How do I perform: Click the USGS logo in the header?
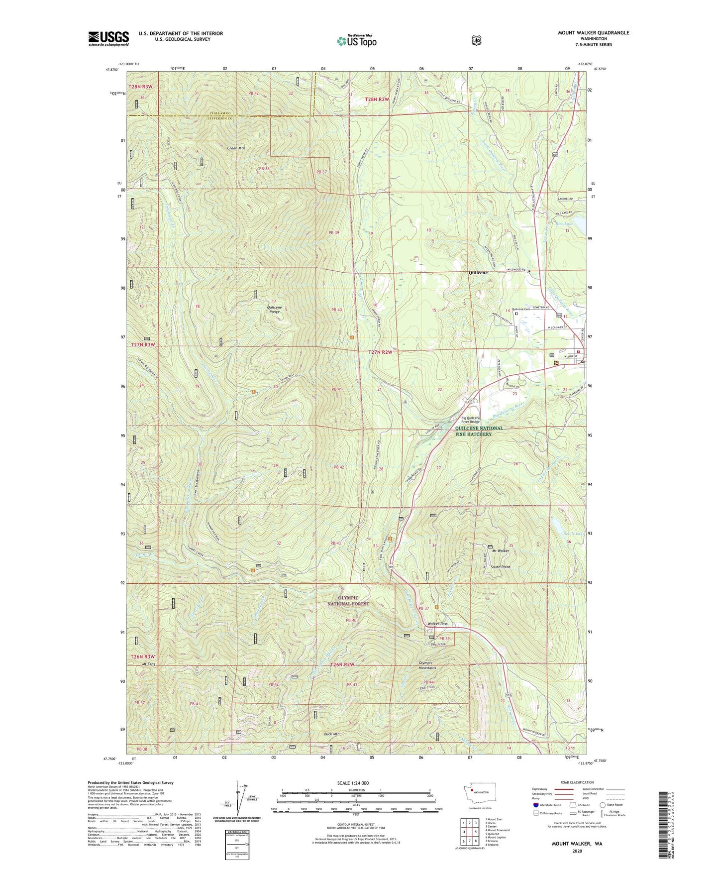tap(108, 38)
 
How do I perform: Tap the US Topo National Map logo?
tap(356, 40)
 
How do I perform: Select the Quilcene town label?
tap(478, 273)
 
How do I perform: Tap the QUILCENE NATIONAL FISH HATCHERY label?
tap(479, 431)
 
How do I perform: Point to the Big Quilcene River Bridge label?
tap(471, 420)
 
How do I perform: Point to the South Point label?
tap(500, 567)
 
